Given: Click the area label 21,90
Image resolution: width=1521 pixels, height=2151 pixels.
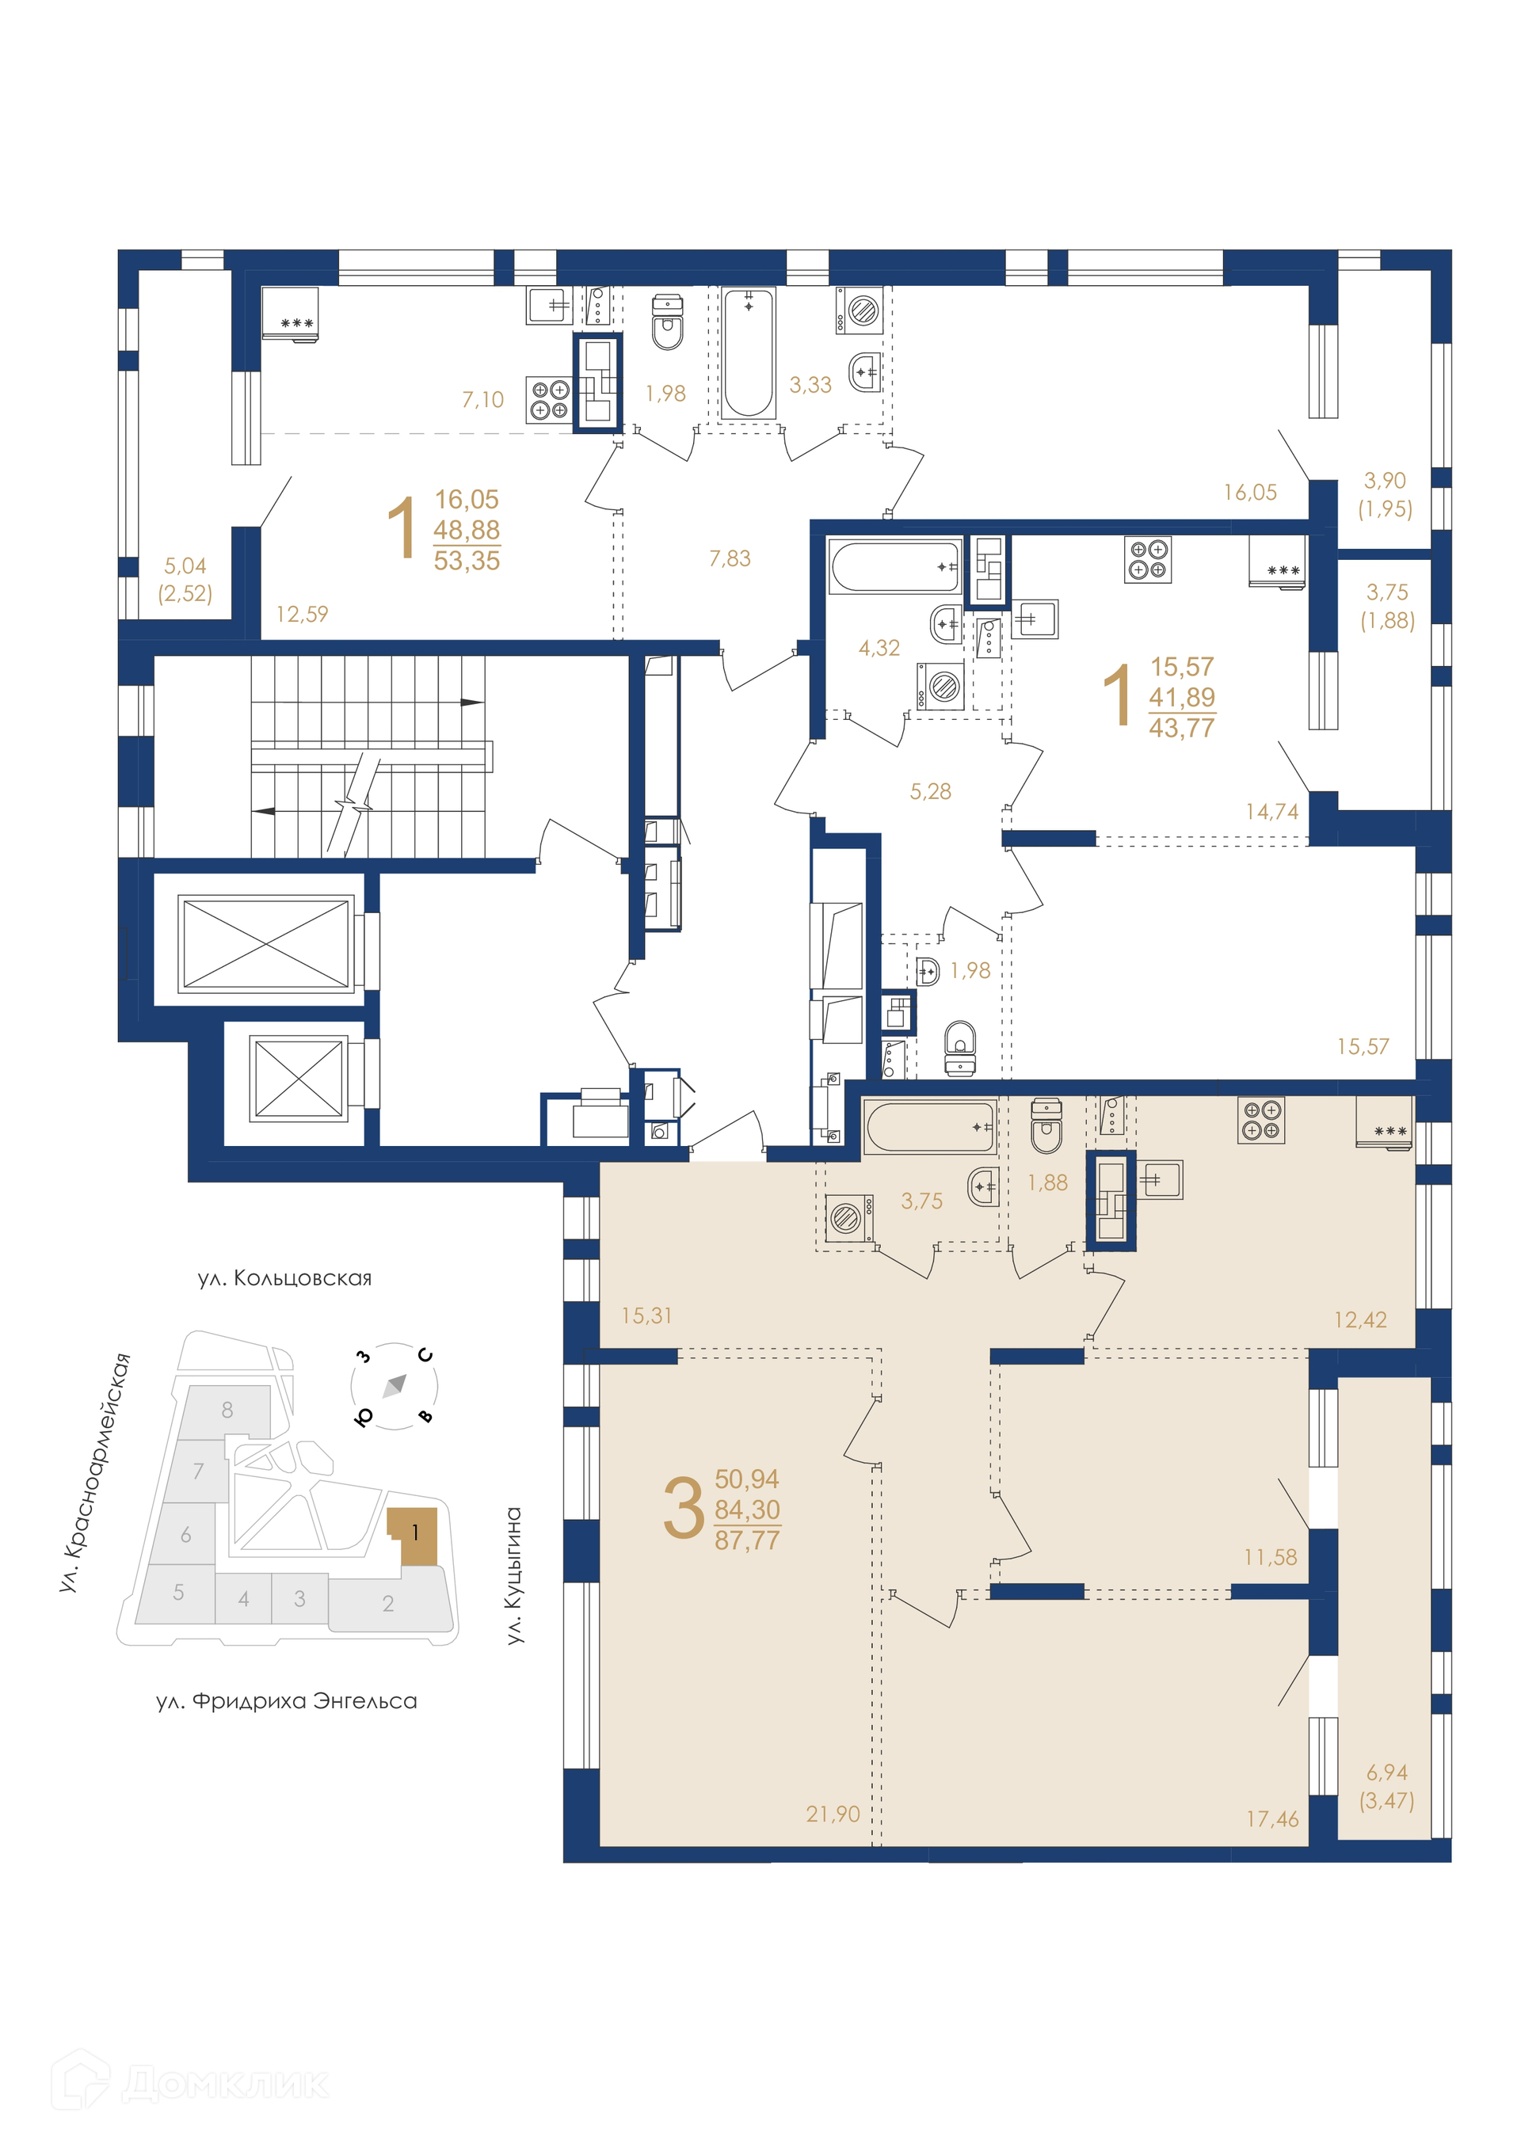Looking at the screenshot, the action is click(832, 1814).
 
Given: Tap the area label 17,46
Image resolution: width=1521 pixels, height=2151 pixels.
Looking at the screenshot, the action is click(1271, 1819).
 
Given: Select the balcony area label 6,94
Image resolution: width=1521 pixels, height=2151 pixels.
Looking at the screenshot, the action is click(1387, 1772).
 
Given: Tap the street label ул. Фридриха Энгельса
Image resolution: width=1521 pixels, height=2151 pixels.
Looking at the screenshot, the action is click(287, 1700).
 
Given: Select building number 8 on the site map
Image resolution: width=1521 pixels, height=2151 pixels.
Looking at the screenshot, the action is click(227, 1409).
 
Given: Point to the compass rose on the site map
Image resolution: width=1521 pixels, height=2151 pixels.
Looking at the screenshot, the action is click(395, 1384).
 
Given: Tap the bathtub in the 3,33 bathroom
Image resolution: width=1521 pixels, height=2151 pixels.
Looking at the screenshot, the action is click(747, 352).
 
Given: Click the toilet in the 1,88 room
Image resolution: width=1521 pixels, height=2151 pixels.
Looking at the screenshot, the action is click(1046, 1126).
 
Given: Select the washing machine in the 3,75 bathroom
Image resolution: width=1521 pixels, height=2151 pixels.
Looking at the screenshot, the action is click(849, 1219).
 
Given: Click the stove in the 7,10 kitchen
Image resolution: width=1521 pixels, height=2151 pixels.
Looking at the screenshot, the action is click(549, 399).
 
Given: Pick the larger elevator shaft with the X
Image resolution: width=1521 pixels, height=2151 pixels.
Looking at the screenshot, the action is click(266, 942).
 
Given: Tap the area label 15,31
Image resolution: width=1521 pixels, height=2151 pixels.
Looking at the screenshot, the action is click(646, 1315).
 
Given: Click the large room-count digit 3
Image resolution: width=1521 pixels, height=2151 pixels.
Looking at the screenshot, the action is click(683, 1509).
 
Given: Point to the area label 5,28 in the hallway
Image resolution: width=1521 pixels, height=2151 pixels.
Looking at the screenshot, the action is click(930, 792).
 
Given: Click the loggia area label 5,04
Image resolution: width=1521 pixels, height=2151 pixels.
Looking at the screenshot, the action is click(185, 565).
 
